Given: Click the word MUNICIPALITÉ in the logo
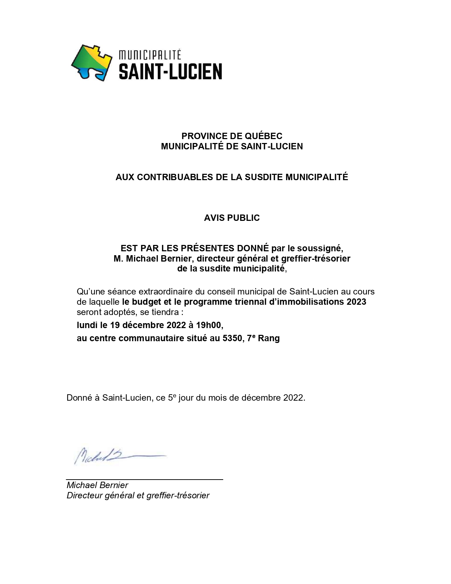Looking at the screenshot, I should click(150, 55).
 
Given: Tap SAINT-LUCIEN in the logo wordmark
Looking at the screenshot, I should click(170, 71).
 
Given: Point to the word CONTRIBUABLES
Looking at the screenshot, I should click(175, 177).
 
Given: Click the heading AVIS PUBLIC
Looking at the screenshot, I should click(232, 218).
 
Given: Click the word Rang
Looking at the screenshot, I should click(269, 338).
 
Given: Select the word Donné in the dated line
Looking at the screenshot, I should click(79, 397).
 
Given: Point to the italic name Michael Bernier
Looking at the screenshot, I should click(97, 485).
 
